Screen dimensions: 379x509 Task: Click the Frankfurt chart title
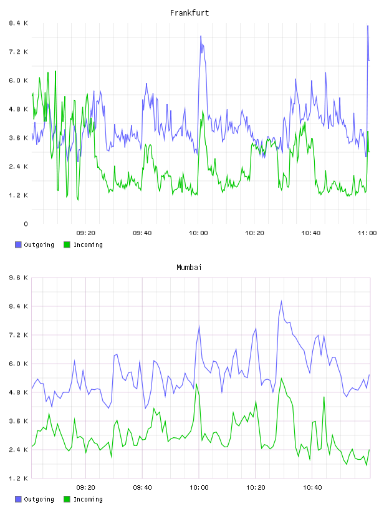point(189,13)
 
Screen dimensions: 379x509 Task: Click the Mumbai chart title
point(189,268)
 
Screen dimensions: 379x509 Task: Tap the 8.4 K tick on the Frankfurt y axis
point(19,23)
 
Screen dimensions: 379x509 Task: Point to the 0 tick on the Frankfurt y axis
point(26,224)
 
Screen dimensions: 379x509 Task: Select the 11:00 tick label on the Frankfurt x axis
point(367,233)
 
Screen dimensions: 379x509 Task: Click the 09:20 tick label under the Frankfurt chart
point(85,233)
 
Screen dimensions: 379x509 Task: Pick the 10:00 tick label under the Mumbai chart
point(199,488)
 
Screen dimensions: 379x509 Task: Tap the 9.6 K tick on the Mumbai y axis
point(19,278)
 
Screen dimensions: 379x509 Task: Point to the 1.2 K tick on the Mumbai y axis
point(19,478)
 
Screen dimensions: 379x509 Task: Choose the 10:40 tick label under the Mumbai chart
point(312,488)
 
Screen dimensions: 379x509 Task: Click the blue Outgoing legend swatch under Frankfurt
point(18,245)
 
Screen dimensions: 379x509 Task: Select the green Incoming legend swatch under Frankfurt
point(67,245)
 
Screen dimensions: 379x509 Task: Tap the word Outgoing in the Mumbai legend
point(39,499)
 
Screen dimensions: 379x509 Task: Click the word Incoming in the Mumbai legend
point(88,499)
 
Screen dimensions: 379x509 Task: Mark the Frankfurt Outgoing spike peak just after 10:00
point(201,36)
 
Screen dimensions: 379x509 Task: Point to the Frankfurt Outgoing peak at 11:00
point(368,26)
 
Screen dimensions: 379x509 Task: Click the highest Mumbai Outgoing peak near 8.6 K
point(281,301)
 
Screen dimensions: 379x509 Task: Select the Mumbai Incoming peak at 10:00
point(196,384)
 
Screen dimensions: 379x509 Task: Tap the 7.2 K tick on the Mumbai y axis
point(19,335)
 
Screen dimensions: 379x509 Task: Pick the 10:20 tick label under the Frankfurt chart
point(254,233)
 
